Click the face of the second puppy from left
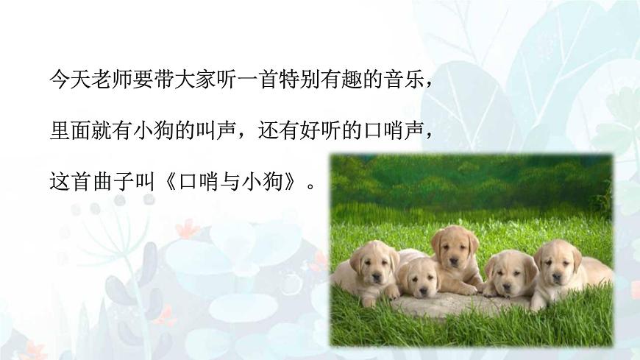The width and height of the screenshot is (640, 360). (420, 278)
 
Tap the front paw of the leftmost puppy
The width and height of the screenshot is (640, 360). (368, 300)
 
